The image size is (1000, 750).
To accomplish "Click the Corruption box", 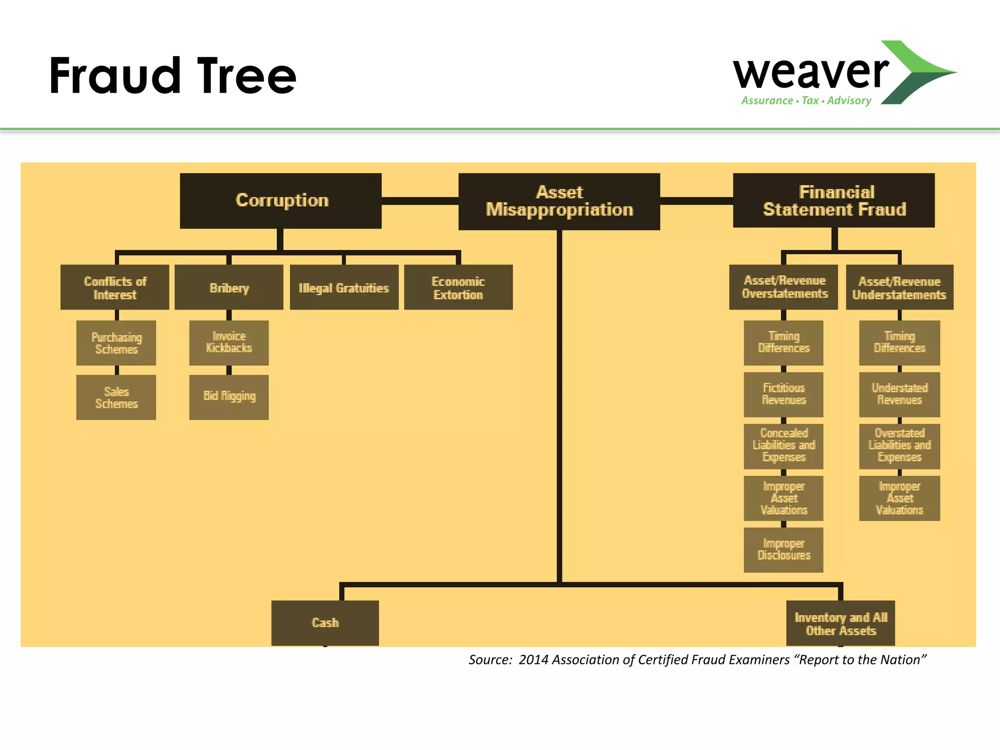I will (x=281, y=201).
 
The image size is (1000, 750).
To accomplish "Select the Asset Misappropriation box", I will (x=559, y=201).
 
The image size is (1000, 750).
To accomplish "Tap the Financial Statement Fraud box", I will (x=833, y=200).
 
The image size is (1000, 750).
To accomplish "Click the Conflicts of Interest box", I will (x=115, y=288).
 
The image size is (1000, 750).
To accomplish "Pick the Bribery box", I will (x=229, y=288).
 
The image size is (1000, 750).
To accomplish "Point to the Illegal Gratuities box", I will (x=344, y=288).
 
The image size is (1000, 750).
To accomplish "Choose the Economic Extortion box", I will (x=458, y=288).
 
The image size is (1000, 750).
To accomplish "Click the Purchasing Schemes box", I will (x=116, y=343).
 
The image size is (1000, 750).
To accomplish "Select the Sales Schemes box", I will (x=116, y=397).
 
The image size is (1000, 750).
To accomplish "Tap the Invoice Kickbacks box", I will (x=229, y=343).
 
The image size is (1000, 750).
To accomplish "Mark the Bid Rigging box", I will (x=229, y=397).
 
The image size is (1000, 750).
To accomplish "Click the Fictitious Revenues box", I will (x=783, y=395).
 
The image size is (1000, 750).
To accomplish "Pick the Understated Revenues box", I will (x=899, y=395).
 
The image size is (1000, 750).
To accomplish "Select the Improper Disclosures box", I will (x=783, y=550).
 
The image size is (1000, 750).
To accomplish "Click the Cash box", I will (x=325, y=623).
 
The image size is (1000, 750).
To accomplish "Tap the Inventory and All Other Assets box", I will (x=840, y=624).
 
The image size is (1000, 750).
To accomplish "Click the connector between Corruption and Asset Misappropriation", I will (x=420, y=201).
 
